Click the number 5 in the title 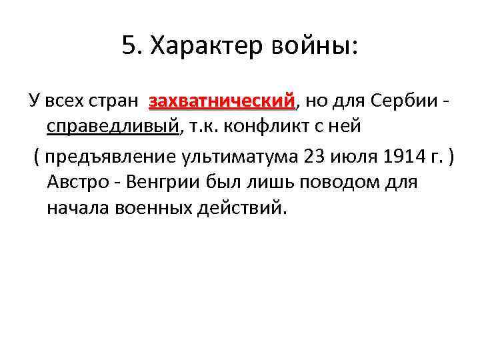click(x=129, y=46)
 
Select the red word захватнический click(x=223, y=102)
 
